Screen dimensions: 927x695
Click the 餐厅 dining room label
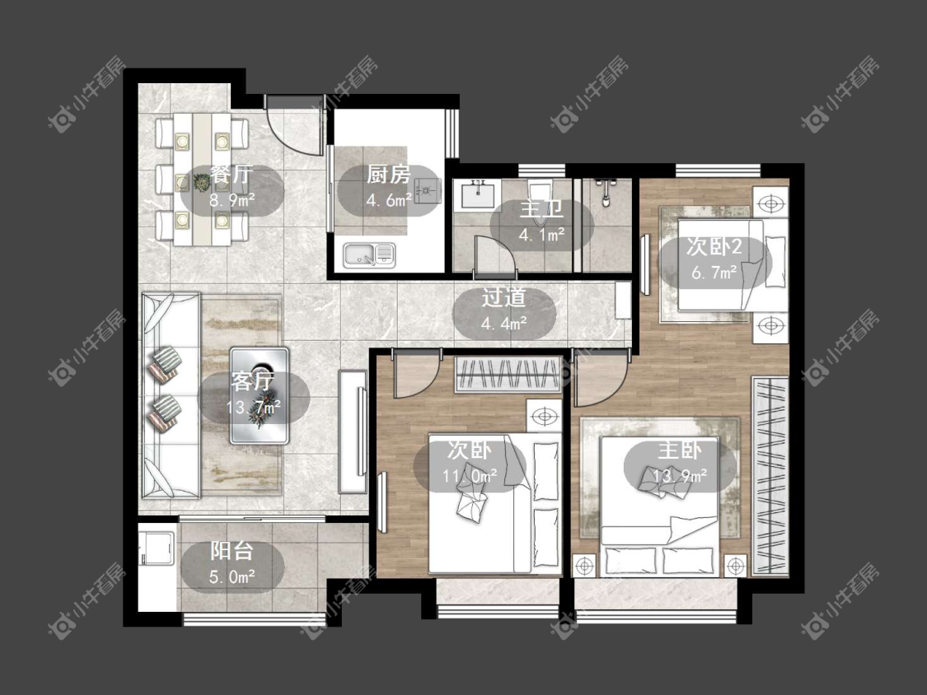[232, 175]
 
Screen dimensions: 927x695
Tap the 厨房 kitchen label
[388, 175]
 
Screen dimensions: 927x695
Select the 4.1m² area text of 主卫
[541, 236]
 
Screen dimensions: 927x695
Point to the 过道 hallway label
[503, 298]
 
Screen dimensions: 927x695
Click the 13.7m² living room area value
[253, 407]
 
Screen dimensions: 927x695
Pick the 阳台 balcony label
[232, 551]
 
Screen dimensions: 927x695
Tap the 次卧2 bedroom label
[714, 246]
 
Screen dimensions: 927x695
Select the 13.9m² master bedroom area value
[680, 476]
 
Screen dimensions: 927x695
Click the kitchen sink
[369, 255]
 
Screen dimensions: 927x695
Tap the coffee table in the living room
[260, 395]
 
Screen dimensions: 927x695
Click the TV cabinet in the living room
[353, 431]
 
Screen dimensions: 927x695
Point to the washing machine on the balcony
[156, 549]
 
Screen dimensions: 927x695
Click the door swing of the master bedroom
[600, 378]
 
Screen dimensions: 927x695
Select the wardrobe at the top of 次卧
[508, 375]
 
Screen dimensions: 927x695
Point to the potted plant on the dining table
[202, 183]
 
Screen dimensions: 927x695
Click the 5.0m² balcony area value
[232, 576]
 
